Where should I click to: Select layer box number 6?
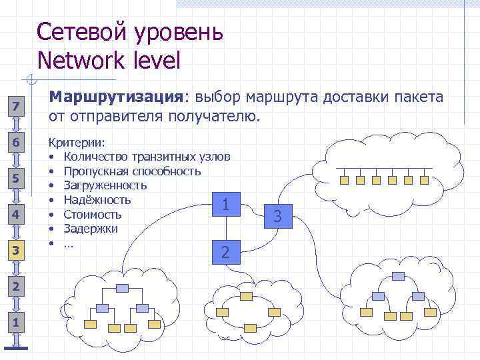tap(17, 143)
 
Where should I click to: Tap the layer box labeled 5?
tap(17, 179)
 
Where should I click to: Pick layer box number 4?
tap(17, 215)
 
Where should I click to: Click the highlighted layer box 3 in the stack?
tap(17, 251)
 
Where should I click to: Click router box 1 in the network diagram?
tap(227, 204)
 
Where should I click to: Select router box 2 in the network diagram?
tap(227, 252)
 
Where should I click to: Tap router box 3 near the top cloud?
tap(279, 216)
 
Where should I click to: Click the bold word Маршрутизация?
tap(117, 97)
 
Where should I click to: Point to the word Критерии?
tap(71, 143)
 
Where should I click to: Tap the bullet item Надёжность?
tap(97, 200)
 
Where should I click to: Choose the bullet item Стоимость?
tap(93, 215)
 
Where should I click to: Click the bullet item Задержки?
tap(91, 229)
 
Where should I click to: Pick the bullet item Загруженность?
tap(105, 185)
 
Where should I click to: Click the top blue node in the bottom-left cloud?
tap(122, 288)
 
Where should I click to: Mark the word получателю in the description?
tap(212, 117)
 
